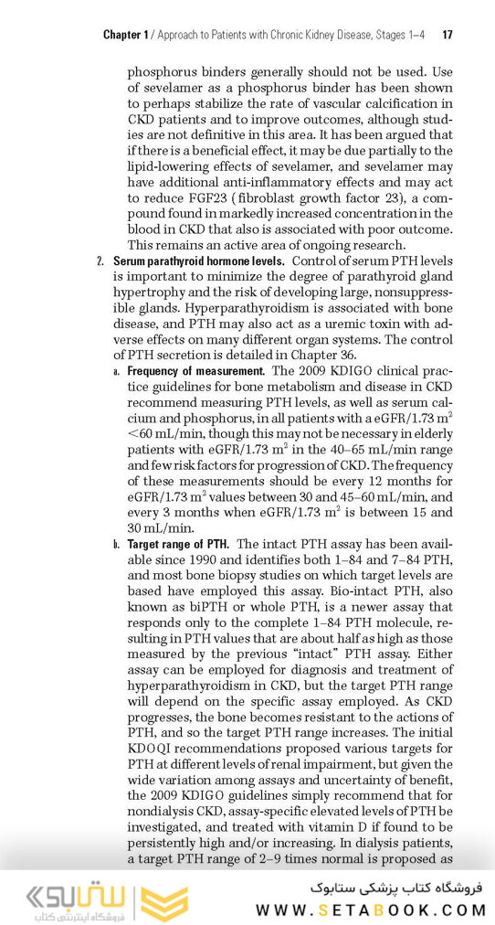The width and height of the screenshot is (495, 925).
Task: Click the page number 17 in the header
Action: (x=448, y=36)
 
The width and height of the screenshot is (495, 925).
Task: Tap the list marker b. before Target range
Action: (x=116, y=544)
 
